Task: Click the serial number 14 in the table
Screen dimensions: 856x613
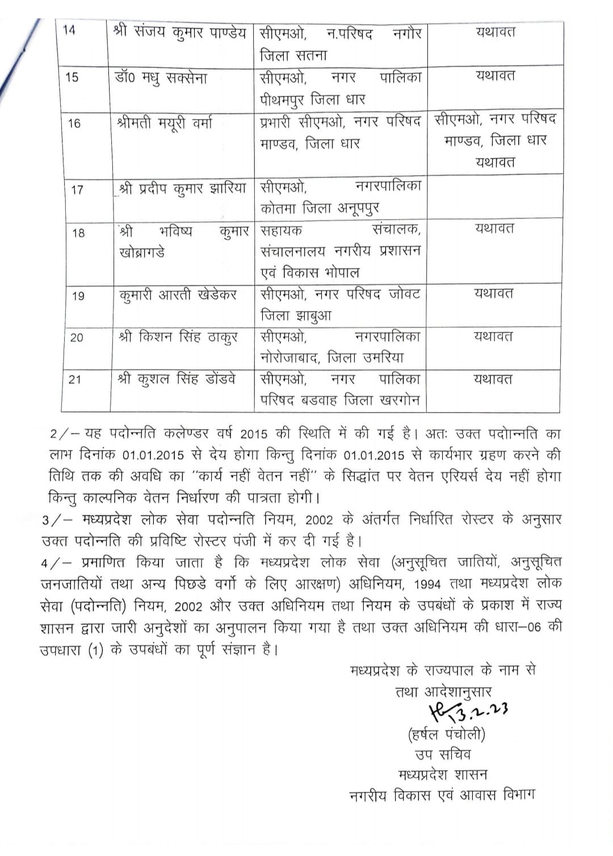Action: [69, 30]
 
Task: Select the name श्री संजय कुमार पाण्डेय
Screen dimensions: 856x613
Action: [180, 32]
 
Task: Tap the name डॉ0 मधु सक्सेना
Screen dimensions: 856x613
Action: [161, 78]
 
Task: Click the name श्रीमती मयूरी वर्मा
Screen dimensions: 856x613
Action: [165, 123]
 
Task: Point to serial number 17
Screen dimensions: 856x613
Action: [77, 190]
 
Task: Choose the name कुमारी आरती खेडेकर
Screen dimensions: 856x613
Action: [178, 295]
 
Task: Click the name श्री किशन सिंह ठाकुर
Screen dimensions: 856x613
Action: [178, 337]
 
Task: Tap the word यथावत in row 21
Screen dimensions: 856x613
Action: [493, 379]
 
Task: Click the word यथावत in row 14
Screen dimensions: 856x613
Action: [496, 32]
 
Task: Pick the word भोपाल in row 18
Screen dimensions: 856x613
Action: [342, 272]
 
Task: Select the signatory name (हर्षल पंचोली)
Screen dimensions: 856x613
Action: [446, 734]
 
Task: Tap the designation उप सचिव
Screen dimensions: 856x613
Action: [442, 754]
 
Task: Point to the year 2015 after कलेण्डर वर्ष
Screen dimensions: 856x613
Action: [254, 434]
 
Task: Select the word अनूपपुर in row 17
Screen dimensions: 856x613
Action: [359, 208]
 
